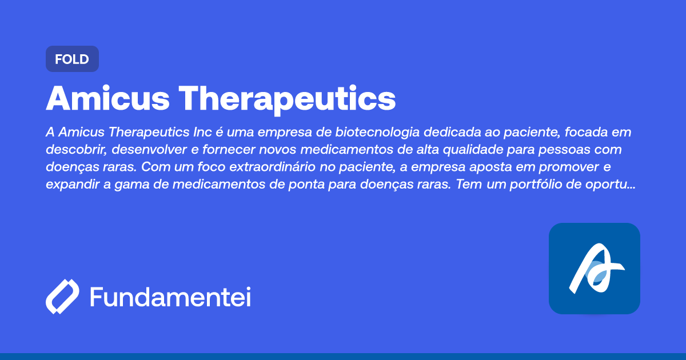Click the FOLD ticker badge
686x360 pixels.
pos(72,59)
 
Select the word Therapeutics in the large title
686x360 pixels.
pos(290,98)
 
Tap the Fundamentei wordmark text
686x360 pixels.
pos(170,297)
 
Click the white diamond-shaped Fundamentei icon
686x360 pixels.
pos(62,297)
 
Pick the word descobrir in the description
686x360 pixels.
pos(73,150)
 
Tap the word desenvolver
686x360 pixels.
pos(147,150)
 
